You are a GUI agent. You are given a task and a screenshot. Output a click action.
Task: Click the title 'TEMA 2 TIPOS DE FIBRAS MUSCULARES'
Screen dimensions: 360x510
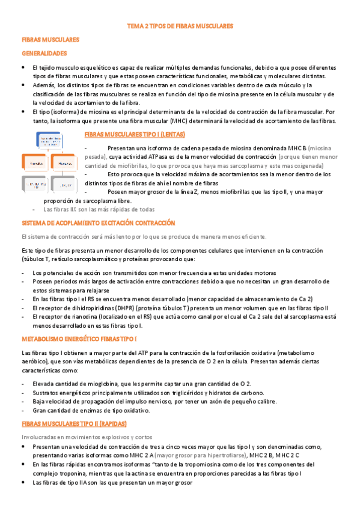(x=180, y=26)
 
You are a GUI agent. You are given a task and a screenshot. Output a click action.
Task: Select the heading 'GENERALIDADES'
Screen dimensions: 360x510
(x=44, y=53)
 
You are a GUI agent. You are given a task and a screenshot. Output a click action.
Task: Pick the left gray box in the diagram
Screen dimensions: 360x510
(x=35, y=184)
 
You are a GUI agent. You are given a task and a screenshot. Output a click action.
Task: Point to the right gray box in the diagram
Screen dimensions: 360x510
(x=66, y=184)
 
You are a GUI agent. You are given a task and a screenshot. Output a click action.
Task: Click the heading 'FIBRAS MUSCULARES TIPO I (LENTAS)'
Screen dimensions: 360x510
(x=135, y=134)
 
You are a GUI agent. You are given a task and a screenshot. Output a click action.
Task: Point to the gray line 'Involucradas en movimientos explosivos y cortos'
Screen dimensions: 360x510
(x=87, y=436)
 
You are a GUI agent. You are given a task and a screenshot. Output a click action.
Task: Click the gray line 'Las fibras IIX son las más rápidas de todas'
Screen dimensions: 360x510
(x=99, y=210)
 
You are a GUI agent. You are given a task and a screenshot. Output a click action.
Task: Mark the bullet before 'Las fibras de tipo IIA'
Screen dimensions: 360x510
(x=23, y=482)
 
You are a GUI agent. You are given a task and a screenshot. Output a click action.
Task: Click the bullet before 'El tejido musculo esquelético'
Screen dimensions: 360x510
(x=23, y=68)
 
